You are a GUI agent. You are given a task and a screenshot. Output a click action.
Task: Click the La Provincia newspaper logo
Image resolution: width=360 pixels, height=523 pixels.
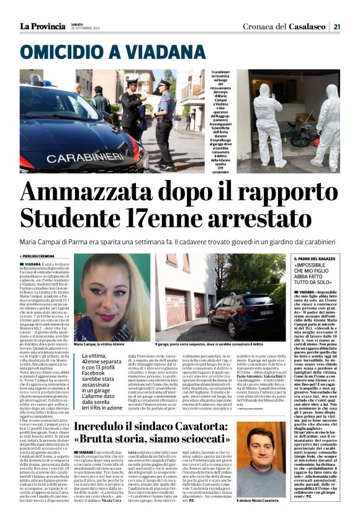(x=42, y=25)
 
